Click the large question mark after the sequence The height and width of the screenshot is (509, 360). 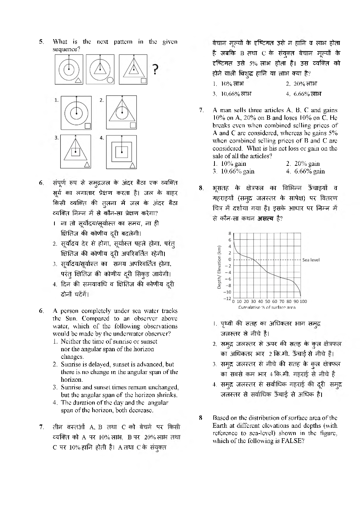pyautogui.click(x=155, y=69)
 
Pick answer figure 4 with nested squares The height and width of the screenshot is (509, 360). pyautogui.click(x=122, y=152)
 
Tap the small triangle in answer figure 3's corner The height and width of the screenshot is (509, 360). pyautogui.click(x=87, y=165)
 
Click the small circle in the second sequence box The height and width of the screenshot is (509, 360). pyautogui.click(x=110, y=80)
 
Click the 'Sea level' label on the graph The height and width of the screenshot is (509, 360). pyautogui.click(x=311, y=260)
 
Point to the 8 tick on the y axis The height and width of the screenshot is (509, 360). pyautogui.click(x=230, y=233)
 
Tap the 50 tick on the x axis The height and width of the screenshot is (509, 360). pyautogui.click(x=267, y=301)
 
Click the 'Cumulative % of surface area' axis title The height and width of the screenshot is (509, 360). pyautogui.click(x=267, y=307)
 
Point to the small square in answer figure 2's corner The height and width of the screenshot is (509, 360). pyautogui.click(x=133, y=125)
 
